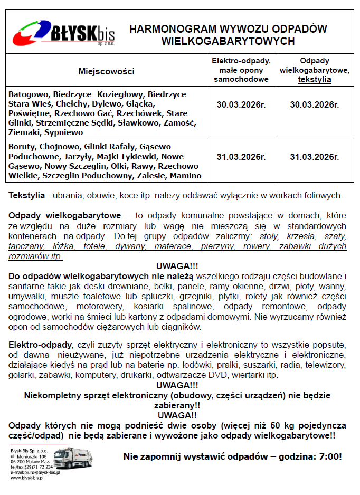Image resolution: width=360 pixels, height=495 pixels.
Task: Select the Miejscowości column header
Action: click(107, 71)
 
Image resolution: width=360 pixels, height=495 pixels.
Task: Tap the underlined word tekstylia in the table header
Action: click(315, 80)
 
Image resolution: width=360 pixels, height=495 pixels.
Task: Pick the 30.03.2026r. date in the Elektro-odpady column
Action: click(241, 104)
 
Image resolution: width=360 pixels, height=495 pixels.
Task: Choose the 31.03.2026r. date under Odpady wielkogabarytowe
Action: click(315, 157)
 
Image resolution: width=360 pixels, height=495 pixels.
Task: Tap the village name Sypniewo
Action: click(63, 132)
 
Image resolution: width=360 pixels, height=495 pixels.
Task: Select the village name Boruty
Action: click(21, 147)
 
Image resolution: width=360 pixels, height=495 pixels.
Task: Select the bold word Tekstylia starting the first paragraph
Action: click(26, 196)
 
